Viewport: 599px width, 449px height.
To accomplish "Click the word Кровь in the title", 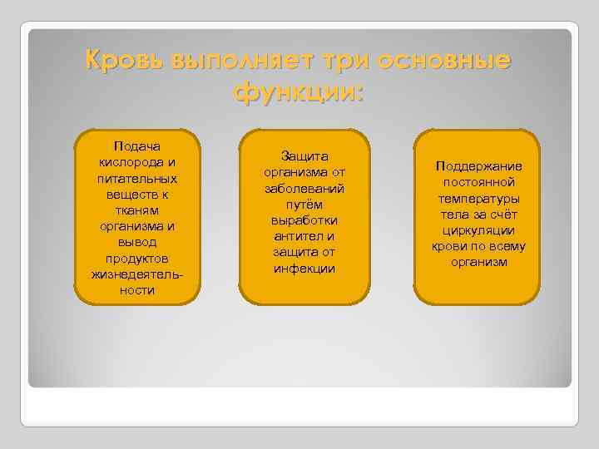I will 124,61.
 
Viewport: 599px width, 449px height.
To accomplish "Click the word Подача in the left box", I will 137,148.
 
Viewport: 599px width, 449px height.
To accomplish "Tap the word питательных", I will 137,179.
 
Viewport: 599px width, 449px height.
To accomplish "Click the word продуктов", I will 137,258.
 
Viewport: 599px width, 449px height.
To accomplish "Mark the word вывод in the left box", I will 137,242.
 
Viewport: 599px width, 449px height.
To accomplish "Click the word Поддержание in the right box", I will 478,166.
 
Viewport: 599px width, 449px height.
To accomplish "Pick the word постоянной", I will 478,182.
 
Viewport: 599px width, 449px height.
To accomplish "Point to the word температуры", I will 478,199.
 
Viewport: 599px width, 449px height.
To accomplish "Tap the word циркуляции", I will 478,230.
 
